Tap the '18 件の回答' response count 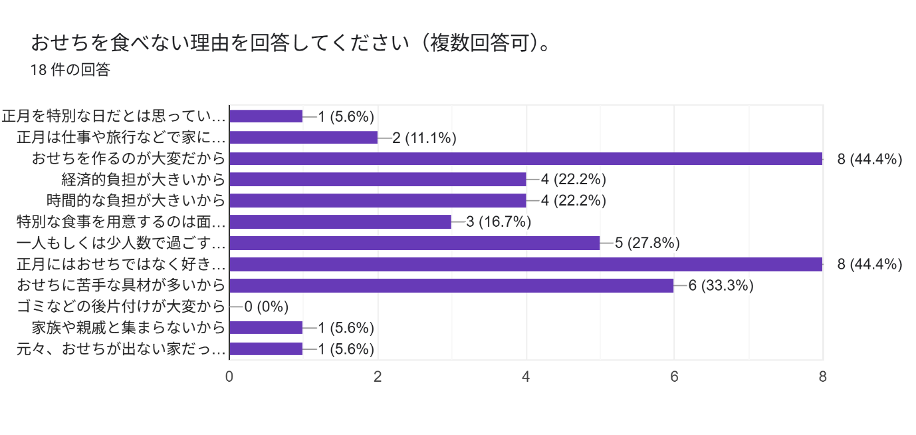point(70,70)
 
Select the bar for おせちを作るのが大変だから point(526,158)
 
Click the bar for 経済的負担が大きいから point(378,180)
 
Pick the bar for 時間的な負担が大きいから point(378,200)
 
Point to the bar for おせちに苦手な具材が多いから point(451,285)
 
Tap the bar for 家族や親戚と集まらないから point(266,327)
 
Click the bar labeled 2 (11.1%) point(303,138)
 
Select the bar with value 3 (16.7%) point(340,221)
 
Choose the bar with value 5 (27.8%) point(414,243)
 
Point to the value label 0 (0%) point(266,307)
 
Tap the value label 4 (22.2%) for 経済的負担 point(574,180)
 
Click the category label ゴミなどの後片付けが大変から point(120,307)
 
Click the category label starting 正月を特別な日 point(114,116)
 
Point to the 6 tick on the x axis point(674,376)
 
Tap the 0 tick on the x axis point(229,376)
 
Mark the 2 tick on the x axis point(378,376)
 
